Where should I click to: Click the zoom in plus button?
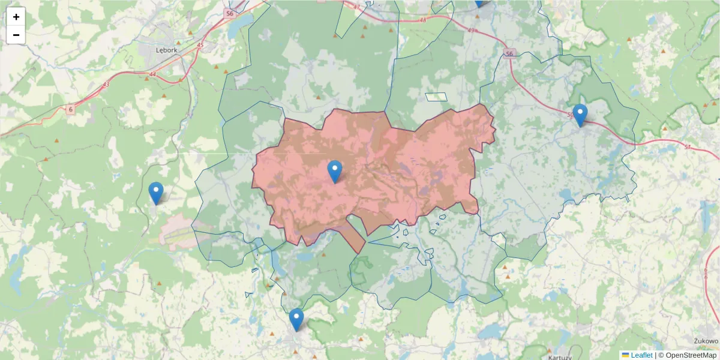[x=16, y=17]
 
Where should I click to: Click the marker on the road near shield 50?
[x=580, y=115]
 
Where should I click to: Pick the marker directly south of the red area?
[x=296, y=320]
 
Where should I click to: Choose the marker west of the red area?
[x=156, y=193]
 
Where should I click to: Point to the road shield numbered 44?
[x=152, y=74]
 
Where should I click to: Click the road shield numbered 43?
[x=106, y=84]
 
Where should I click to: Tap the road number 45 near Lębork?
[x=200, y=45]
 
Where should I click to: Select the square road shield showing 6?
[x=70, y=109]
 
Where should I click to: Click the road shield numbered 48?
[x=422, y=19]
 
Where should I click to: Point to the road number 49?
[x=470, y=31]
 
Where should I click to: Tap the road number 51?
[x=687, y=146]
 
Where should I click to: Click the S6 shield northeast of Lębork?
[x=229, y=12]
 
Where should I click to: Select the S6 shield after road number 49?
[x=509, y=53]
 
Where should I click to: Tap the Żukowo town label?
[x=706, y=341]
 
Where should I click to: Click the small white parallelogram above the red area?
[x=436, y=97]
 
